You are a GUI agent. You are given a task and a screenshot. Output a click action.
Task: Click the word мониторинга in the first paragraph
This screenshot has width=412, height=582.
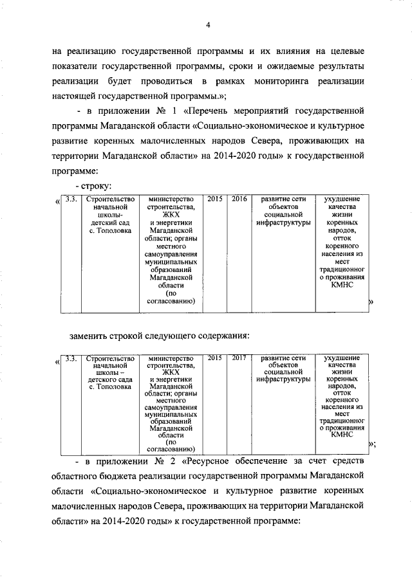pyautogui.click(x=292, y=82)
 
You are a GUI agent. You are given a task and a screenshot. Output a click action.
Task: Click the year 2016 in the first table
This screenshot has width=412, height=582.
pyautogui.click(x=239, y=199)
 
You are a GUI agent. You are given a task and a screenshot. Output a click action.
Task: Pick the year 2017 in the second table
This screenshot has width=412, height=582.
pyautogui.click(x=239, y=358)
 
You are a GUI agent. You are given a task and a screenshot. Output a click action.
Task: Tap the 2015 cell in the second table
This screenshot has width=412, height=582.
pyautogui.click(x=215, y=358)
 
